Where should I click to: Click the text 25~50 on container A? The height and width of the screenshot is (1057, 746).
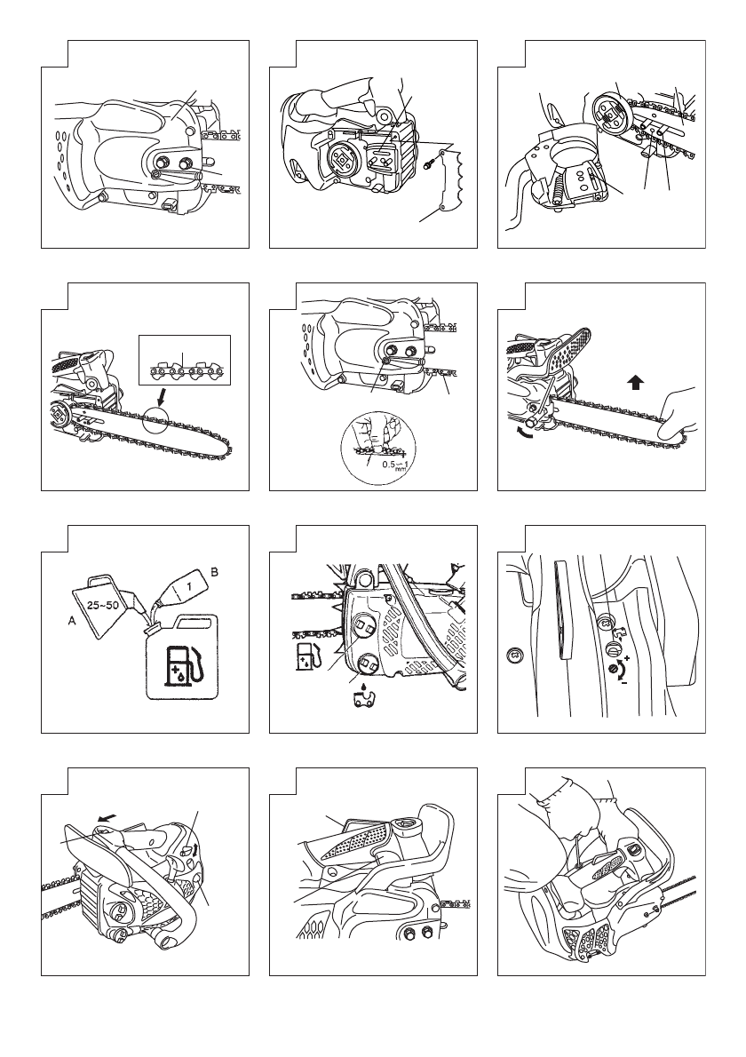[x=102, y=605]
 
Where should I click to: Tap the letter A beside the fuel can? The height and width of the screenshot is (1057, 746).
[x=72, y=623]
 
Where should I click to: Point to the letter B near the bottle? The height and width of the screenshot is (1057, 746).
[x=214, y=572]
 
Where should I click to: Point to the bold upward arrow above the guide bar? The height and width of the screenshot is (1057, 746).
[x=635, y=382]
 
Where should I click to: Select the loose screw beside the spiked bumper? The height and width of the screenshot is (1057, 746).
[x=429, y=163]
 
